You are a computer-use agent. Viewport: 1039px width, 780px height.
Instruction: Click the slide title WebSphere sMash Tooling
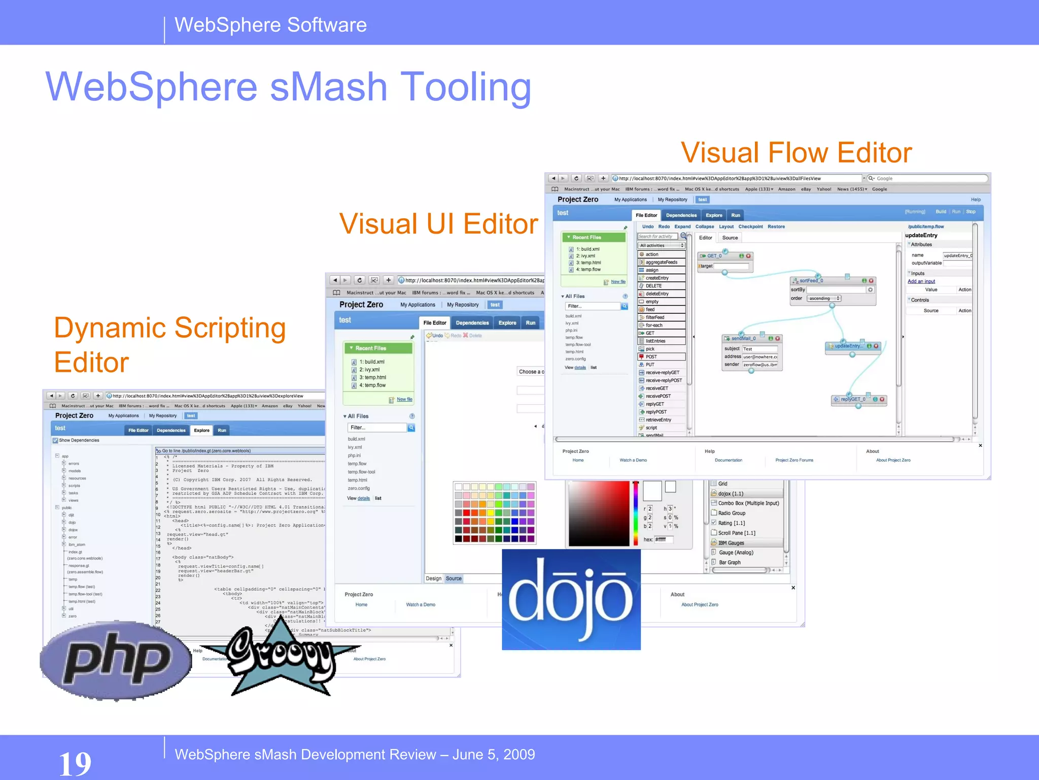pyautogui.click(x=288, y=87)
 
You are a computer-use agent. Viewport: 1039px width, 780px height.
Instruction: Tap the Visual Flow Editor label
pyautogui.click(x=796, y=153)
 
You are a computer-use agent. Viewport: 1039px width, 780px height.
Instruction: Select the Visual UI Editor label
pyautogui.click(x=438, y=224)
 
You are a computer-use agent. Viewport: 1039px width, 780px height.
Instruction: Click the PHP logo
pyautogui.click(x=116, y=660)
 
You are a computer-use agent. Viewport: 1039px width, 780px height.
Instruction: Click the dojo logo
pyautogui.click(x=571, y=599)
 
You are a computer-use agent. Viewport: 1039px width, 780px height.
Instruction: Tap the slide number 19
pyautogui.click(x=75, y=763)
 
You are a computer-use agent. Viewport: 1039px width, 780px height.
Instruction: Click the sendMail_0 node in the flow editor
pyautogui.click(x=744, y=338)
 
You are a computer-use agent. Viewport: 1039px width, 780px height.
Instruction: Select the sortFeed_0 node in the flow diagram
pyautogui.click(x=811, y=281)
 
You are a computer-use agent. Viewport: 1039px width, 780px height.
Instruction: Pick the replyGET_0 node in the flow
pyautogui.click(x=853, y=399)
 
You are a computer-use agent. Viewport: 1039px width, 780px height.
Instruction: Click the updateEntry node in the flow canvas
pyautogui.click(x=847, y=346)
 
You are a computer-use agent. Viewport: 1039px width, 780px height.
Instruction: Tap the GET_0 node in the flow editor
pyautogui.click(x=714, y=256)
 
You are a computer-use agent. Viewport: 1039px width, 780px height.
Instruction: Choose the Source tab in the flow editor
pyautogui.click(x=730, y=238)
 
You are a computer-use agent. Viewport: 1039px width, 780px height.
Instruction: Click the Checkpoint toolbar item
pyautogui.click(x=750, y=226)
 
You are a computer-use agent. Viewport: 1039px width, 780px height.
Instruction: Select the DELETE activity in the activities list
pyautogui.click(x=653, y=286)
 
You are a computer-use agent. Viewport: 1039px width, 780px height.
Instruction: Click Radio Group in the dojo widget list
pyautogui.click(x=732, y=513)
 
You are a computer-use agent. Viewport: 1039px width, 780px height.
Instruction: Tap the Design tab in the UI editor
pyautogui.click(x=433, y=578)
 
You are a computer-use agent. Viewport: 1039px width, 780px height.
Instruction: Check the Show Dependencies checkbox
pyautogui.click(x=55, y=440)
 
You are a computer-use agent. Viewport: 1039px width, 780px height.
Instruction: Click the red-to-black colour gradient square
pyautogui.click(x=599, y=513)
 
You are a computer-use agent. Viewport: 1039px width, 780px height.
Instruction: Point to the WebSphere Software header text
pyautogui.click(x=270, y=25)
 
